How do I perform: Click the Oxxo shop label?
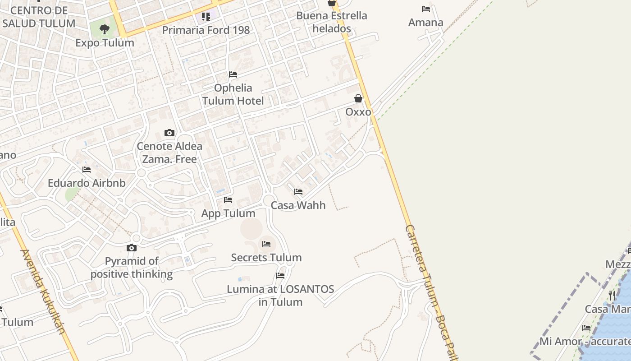point(358,111)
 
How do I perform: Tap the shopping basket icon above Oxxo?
point(358,98)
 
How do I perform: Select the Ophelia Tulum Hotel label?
point(233,94)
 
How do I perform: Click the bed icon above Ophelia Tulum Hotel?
point(233,74)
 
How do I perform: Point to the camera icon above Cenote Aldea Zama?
point(169,133)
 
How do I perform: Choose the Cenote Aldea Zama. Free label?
point(169,153)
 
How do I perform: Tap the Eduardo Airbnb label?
point(87,183)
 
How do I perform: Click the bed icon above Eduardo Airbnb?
point(87,170)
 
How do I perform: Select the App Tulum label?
point(228,213)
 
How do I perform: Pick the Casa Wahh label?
point(298,205)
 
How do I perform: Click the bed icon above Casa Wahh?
point(298,192)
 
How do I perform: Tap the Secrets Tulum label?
point(266,258)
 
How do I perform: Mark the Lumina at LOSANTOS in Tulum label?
point(280,295)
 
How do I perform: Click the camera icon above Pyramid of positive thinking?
point(132,248)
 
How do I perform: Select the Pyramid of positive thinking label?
point(132,268)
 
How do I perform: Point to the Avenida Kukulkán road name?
point(44,291)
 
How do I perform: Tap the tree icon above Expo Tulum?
point(105,30)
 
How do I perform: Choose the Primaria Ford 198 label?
point(206,30)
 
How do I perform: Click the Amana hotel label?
point(425,22)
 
